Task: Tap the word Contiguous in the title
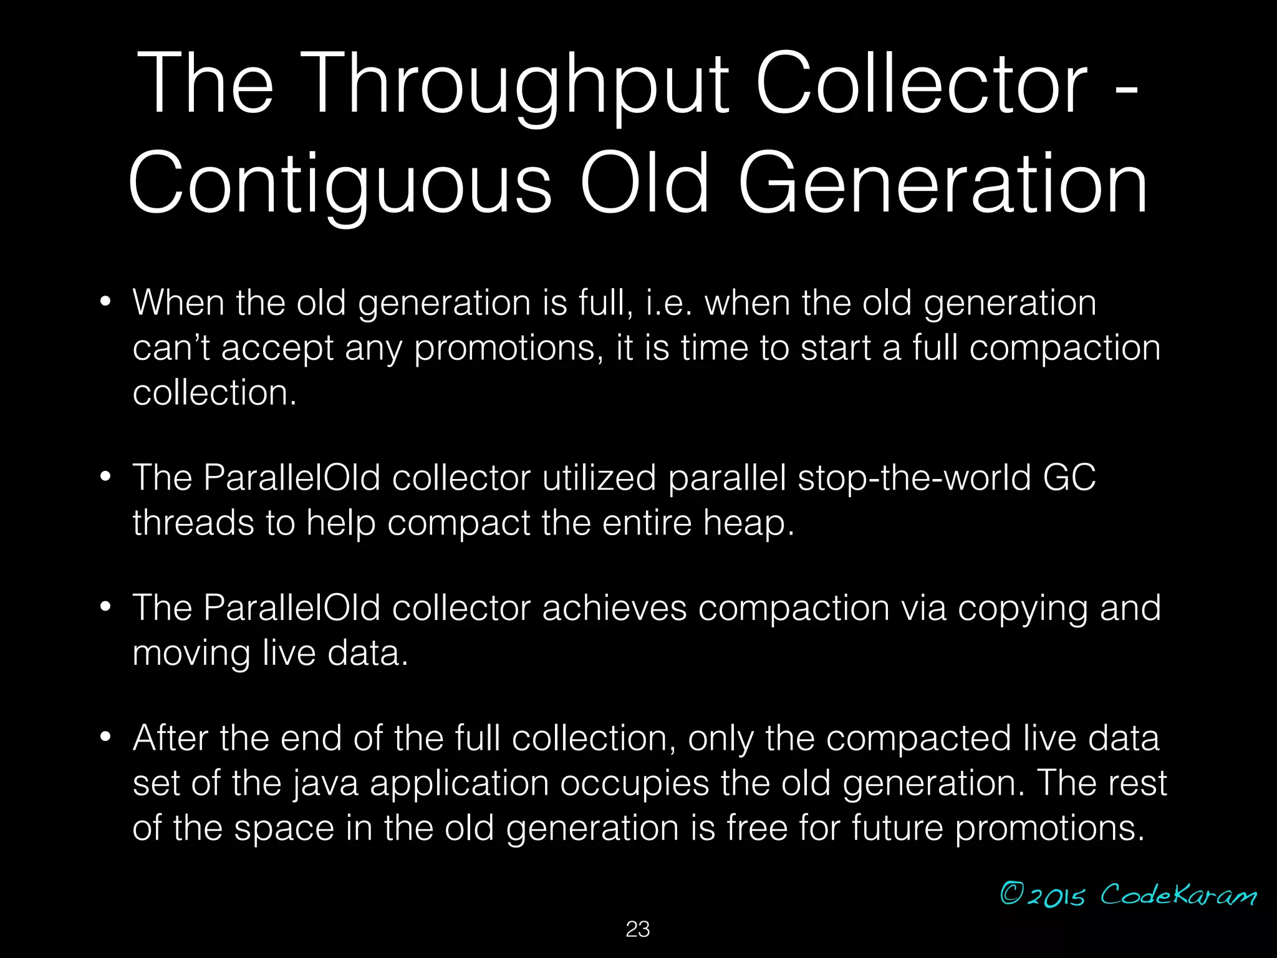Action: pos(340,184)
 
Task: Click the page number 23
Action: pos(638,929)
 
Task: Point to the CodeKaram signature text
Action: pos(1178,895)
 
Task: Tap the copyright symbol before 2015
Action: pos(1011,894)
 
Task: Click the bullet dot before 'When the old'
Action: pos(105,302)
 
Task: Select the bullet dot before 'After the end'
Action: pos(105,738)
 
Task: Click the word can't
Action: pos(171,347)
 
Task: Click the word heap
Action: pos(748,523)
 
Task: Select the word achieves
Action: pos(614,608)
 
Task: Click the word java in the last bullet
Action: pos(325,783)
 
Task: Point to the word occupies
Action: pos(634,783)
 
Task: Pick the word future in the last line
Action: pos(897,828)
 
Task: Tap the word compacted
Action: pos(918,739)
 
